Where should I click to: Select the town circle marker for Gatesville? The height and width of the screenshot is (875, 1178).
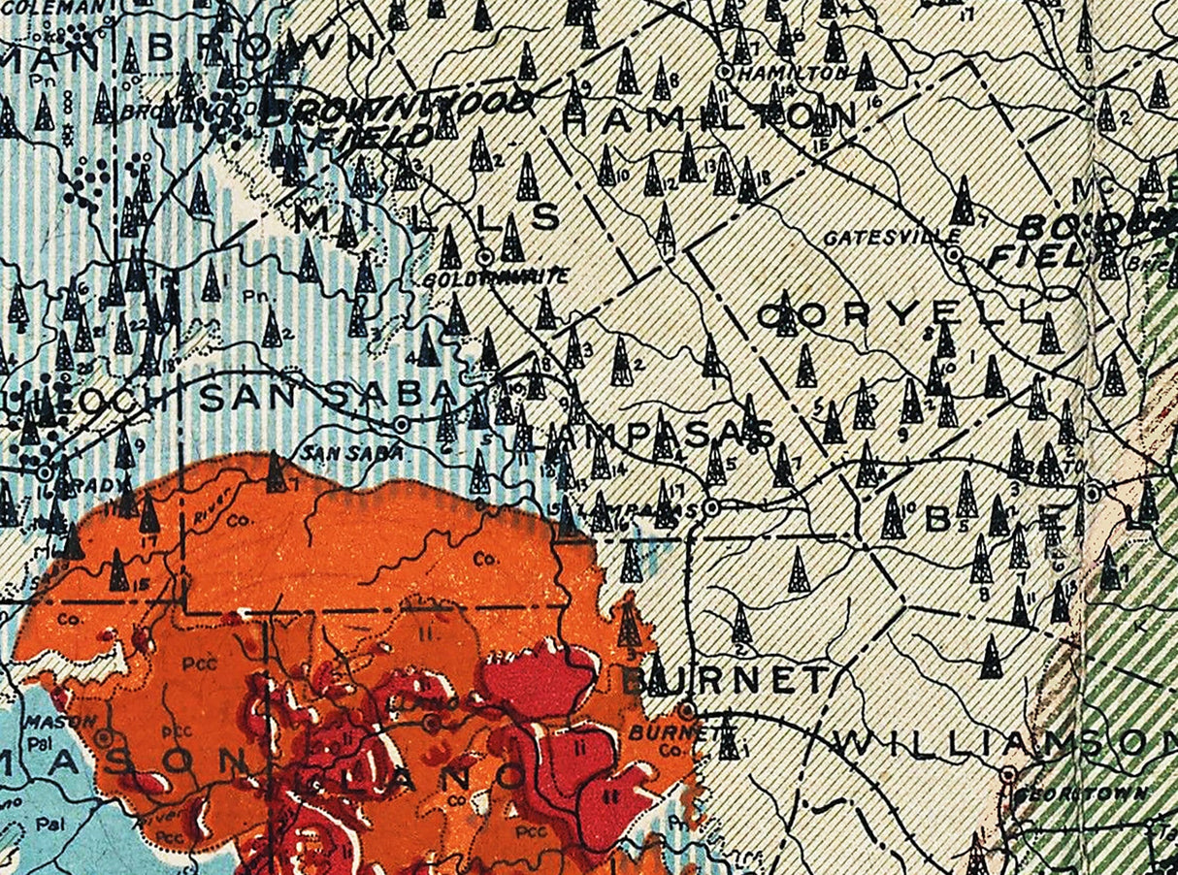954,254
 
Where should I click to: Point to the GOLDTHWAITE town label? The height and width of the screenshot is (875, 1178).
497,277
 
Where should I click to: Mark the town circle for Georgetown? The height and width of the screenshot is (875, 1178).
1009,774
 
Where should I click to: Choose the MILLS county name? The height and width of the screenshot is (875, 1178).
428,219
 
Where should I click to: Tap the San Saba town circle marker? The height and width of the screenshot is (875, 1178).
401,424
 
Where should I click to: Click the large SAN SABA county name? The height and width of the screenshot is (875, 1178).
330,395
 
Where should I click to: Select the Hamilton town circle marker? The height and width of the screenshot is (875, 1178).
723,71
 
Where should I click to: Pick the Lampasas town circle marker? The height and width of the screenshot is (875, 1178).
711,506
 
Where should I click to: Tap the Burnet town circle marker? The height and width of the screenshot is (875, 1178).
687,710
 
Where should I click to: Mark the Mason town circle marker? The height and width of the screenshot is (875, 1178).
104,736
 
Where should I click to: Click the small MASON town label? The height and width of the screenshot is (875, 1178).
74,721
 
